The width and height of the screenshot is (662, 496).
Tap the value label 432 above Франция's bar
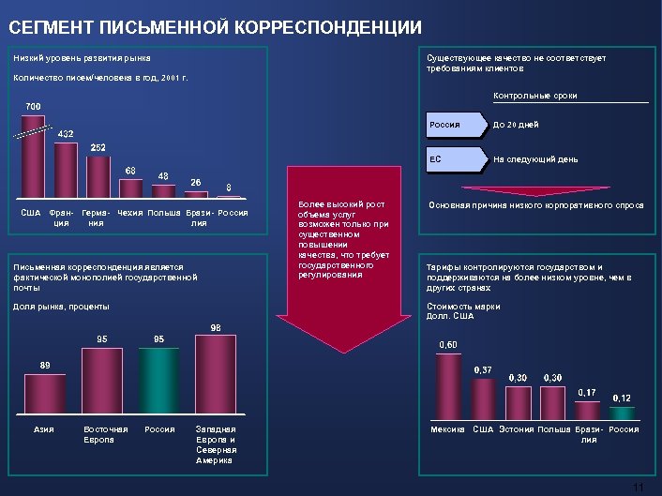66,134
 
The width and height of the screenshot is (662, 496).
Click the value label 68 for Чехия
130,170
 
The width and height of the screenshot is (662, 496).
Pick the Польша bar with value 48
163,190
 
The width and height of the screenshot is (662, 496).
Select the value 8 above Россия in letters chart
230,187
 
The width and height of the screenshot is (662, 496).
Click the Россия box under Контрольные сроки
456,125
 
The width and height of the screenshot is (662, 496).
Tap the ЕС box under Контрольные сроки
456,159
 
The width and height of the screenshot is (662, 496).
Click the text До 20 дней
516,125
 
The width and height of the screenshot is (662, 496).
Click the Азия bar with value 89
45,395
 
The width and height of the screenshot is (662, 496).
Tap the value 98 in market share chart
215,327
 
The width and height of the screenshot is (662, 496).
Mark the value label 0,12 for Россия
621,398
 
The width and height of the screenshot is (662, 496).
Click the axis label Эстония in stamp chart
516,429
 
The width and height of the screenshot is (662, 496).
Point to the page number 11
639,488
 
